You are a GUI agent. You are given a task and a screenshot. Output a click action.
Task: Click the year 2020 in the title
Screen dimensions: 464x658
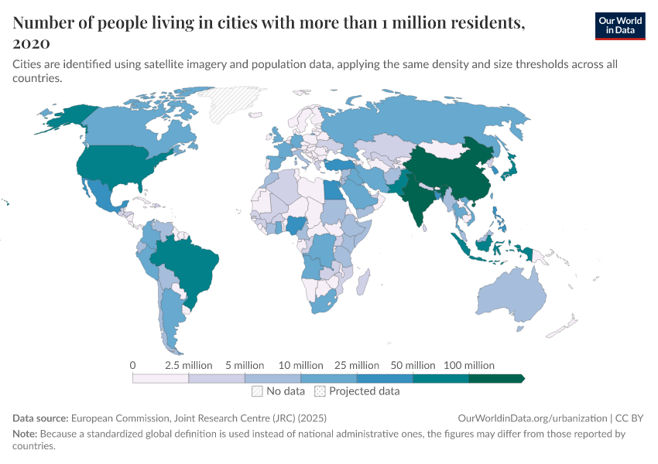(x=32, y=43)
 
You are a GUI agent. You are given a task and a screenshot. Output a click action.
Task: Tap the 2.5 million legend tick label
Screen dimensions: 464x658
(x=189, y=365)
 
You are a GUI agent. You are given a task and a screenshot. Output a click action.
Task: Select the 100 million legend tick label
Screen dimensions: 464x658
(x=468, y=365)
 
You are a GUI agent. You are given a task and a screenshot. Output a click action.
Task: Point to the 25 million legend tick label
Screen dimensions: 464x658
(x=357, y=365)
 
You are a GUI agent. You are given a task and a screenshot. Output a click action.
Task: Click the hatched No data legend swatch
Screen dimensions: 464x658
(x=257, y=391)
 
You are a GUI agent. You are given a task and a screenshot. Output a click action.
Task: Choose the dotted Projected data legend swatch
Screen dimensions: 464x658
(x=320, y=391)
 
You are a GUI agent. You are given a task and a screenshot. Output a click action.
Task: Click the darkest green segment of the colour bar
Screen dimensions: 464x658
(x=496, y=378)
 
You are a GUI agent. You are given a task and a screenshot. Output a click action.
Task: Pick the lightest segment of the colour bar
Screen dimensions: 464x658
(x=161, y=378)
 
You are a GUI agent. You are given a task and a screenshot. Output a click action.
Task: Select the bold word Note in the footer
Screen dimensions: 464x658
(x=25, y=434)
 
